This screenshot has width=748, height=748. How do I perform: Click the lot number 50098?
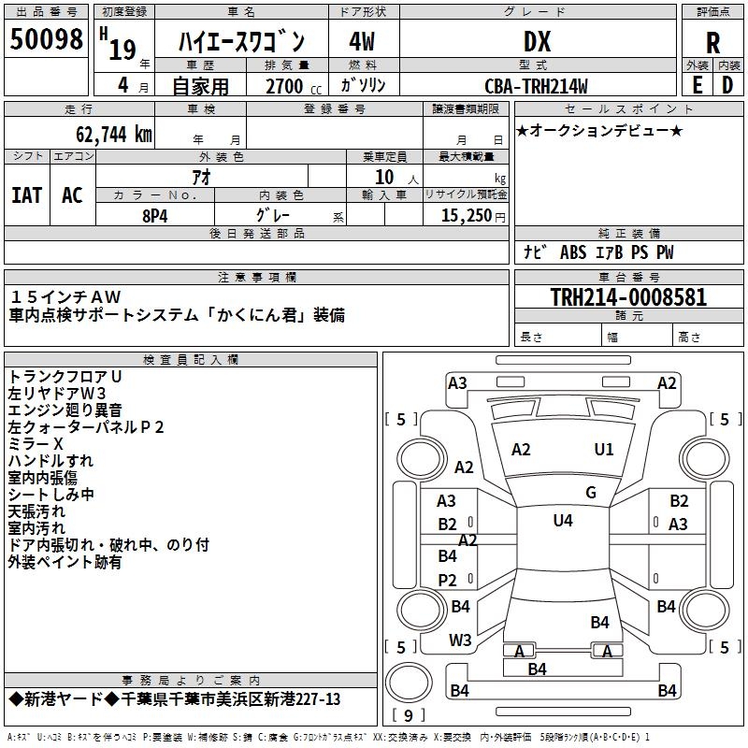point(46,39)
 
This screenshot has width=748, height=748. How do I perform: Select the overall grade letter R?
point(712,43)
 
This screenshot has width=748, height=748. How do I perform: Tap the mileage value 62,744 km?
point(114,135)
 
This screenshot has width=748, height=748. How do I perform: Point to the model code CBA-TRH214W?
point(536,86)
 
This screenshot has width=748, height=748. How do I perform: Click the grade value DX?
point(537,42)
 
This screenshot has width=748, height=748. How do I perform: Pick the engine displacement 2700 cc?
point(294,86)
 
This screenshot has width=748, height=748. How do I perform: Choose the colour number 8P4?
point(155,216)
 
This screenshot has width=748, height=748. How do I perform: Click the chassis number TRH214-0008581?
point(628,297)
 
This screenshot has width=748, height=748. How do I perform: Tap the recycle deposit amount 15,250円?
point(473,216)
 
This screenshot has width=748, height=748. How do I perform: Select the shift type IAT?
point(26,195)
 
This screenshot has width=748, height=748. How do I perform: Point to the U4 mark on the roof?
point(563,521)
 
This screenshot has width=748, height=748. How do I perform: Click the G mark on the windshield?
point(591,492)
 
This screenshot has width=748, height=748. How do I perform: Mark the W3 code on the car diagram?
point(460,640)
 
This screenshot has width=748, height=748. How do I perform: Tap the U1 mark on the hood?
point(604,450)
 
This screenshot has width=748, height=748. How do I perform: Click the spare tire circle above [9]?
point(409,683)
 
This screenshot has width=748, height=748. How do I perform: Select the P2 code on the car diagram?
point(448,580)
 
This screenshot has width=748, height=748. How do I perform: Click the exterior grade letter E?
point(697,85)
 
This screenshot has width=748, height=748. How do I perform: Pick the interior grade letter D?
point(727,85)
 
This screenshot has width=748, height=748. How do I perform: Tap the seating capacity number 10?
point(384,178)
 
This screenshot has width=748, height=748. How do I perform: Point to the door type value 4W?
point(362,42)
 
